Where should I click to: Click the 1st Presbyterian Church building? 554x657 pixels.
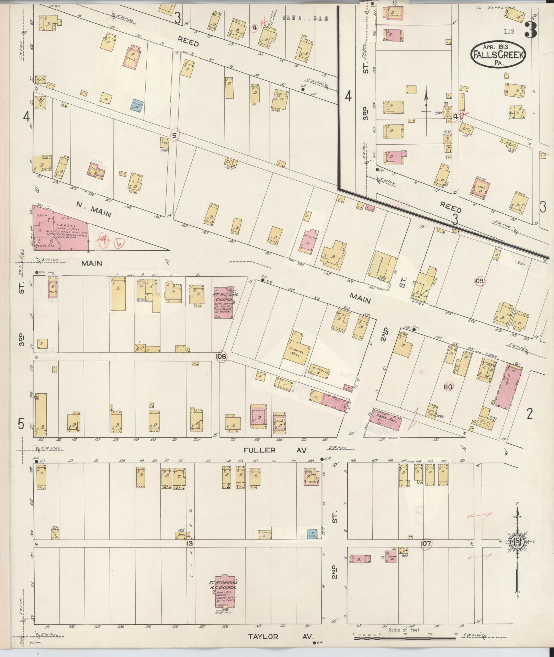click(224, 302)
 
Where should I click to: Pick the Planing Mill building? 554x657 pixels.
click(296, 348)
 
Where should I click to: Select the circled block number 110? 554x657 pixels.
click(448, 387)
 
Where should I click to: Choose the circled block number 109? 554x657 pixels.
click(479, 282)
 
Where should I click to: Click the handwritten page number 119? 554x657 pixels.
click(509, 32)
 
